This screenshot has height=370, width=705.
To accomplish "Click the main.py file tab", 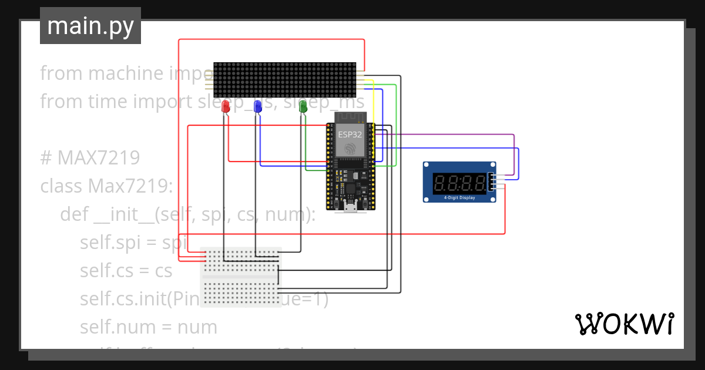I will [x=90, y=26].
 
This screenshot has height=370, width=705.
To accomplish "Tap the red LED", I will [x=226, y=107].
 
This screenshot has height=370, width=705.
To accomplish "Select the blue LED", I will [x=257, y=107].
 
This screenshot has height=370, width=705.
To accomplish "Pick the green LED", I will [x=303, y=107].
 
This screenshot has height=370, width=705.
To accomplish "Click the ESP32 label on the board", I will [x=350, y=134].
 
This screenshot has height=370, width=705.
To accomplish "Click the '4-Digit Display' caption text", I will [x=459, y=198].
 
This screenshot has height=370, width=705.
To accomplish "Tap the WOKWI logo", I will [x=624, y=324].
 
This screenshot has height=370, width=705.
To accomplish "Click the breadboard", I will [x=241, y=277].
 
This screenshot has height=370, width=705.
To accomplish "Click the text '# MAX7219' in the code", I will [x=90, y=158].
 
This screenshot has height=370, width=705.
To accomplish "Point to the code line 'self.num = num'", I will [x=149, y=327].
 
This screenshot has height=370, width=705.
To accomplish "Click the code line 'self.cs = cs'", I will [x=126, y=271].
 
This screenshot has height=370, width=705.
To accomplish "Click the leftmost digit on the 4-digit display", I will [x=440, y=183].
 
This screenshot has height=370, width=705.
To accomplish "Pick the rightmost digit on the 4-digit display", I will [x=481, y=183].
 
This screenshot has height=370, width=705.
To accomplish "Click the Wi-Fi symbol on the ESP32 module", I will [x=350, y=149].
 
